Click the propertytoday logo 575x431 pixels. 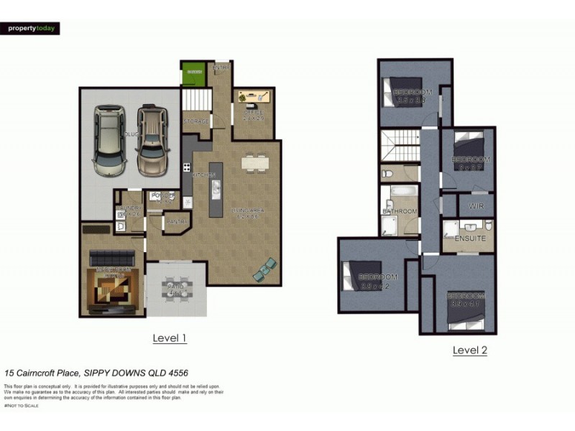pos(30,29)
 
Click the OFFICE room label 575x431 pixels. pos(253,113)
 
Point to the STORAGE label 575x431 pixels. pos(195,122)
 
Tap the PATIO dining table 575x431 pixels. pos(176,287)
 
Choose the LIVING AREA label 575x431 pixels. pos(248,210)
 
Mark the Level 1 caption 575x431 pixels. pos(170,338)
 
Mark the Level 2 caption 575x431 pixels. pos(470,350)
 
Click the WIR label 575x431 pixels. pos(476,206)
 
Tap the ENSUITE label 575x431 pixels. pos(471,238)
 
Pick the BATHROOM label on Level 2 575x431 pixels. pos(400,211)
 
